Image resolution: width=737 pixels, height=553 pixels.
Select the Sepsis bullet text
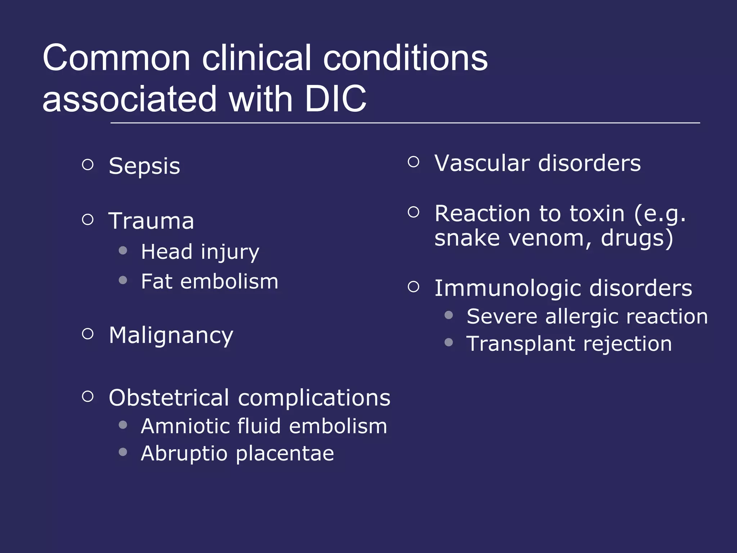pyautogui.click(x=144, y=166)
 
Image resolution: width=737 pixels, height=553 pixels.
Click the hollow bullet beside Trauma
pyautogui.click(x=88, y=219)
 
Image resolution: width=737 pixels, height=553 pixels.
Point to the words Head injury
pyautogui.click(x=200, y=252)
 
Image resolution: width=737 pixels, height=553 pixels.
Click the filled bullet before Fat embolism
pyautogui.click(x=123, y=280)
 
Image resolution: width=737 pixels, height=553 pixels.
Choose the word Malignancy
pyautogui.click(x=171, y=336)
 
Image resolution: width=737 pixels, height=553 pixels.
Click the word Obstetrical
pyautogui.click(x=169, y=398)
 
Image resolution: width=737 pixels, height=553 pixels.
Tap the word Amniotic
pyautogui.click(x=185, y=426)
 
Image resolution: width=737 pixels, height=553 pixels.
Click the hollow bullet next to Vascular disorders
pyautogui.click(x=414, y=162)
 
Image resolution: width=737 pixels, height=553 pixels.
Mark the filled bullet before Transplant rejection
pyautogui.click(x=448, y=342)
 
